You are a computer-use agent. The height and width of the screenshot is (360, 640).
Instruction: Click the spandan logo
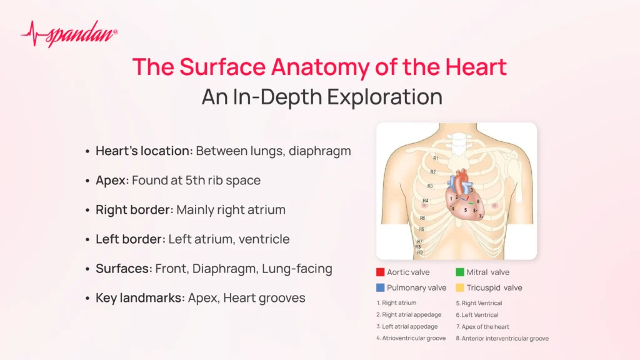coord(69,34)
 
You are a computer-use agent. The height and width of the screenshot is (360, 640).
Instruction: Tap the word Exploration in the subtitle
coord(384,97)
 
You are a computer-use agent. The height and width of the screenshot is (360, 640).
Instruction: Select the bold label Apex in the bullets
coord(110,181)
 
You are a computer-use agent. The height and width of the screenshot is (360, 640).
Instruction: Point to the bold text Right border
coord(132,210)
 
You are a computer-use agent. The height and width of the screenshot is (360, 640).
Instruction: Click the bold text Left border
coord(129,239)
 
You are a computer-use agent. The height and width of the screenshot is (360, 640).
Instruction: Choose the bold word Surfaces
coord(122,269)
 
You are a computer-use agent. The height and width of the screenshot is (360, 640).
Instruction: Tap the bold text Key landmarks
coord(138,298)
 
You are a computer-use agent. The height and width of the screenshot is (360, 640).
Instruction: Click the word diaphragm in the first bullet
coord(319,151)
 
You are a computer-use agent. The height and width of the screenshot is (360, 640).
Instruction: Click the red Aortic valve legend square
coord(380,272)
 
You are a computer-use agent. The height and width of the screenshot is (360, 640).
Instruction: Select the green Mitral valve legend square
coord(459,272)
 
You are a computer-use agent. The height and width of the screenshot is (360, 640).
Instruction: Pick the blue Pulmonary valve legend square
coord(380,287)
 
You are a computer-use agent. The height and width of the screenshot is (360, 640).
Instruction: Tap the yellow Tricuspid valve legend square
coord(459,287)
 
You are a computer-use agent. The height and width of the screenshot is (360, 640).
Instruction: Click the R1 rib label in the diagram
coord(436,158)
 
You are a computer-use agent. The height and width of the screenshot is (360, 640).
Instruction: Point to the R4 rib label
coord(425,201)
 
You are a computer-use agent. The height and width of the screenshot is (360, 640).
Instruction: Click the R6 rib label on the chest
coord(421,229)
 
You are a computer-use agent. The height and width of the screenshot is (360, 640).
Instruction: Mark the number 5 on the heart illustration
coord(465,210)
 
